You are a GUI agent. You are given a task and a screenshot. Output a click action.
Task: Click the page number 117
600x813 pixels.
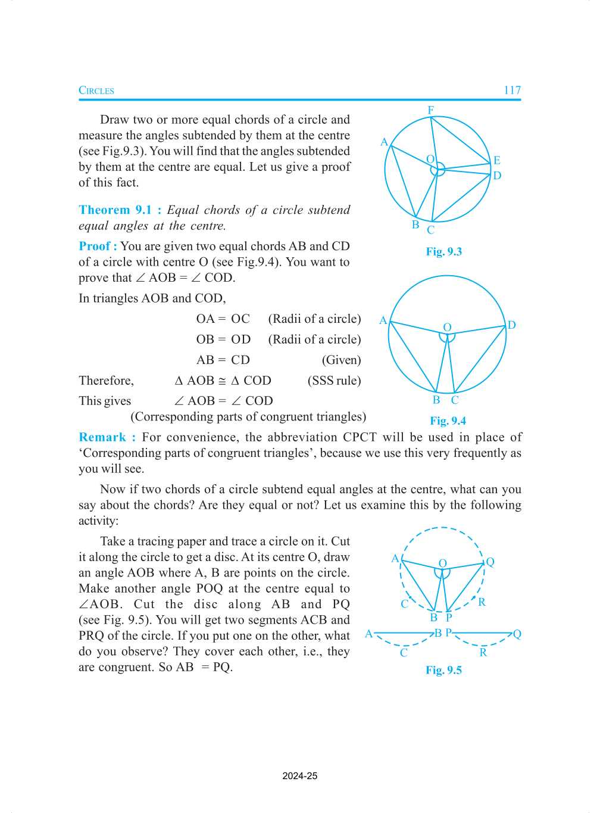[512, 91]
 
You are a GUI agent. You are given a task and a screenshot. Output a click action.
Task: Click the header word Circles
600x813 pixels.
[96, 91]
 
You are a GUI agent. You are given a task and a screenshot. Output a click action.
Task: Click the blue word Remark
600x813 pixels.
[102, 438]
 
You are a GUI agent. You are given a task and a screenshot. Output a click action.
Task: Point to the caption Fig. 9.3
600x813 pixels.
[443, 252]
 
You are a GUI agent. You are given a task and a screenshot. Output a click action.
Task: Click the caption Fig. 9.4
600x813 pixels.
[448, 421]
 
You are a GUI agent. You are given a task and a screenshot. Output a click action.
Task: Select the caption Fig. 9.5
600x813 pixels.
[443, 671]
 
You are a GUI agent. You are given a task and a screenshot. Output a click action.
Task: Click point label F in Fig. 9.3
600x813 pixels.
[431, 110]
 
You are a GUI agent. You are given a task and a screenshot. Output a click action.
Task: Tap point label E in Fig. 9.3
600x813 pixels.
[496, 160]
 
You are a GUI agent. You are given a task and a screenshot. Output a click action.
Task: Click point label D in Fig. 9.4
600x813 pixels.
[511, 325]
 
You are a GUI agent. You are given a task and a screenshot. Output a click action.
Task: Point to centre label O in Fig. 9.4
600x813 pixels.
[447, 328]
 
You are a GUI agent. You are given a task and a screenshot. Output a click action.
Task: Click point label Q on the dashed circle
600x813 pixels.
[490, 562]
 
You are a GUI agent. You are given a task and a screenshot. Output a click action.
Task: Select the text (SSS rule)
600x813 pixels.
[334, 381]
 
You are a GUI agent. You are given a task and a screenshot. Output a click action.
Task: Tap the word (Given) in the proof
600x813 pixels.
[341, 360]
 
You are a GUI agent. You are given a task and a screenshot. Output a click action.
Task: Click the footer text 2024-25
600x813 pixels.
[300, 776]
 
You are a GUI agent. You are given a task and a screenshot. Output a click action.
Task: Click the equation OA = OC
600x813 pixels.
[223, 319]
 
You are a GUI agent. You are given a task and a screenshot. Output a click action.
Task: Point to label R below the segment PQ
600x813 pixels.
[483, 653]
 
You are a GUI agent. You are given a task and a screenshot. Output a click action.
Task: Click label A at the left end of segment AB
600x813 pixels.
[368, 634]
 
